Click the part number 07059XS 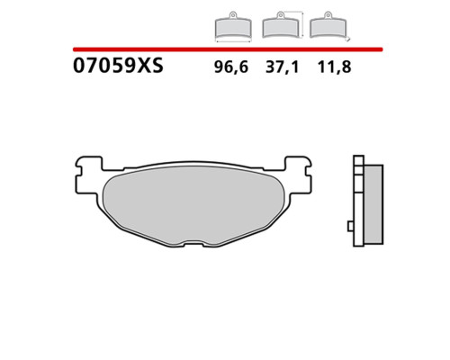pos(118,66)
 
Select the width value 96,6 pos(231,67)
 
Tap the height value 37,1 pos(283,67)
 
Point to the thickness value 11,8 pos(334,67)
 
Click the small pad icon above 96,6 pos(233,28)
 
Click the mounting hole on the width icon pos(233,14)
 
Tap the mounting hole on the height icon pos(281,14)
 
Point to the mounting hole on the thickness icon pos(328,14)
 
